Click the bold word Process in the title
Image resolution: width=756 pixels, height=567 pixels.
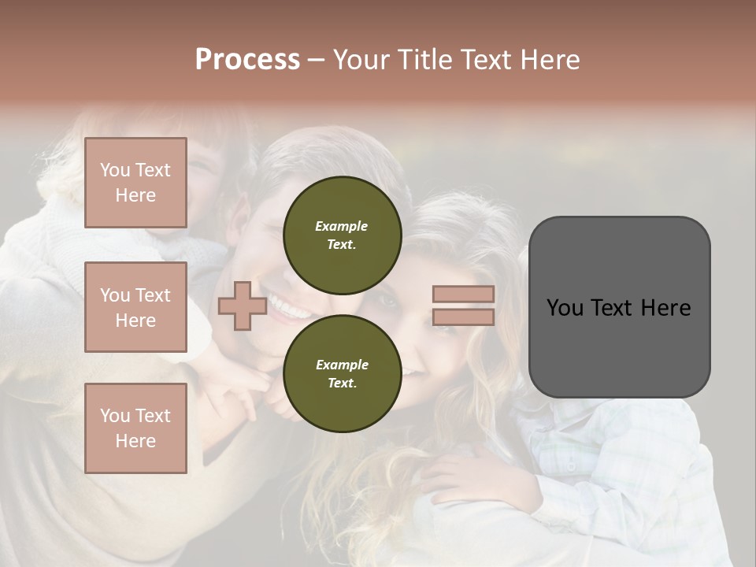pyautogui.click(x=247, y=60)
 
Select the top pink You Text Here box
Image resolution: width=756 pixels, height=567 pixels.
pyautogui.click(x=135, y=183)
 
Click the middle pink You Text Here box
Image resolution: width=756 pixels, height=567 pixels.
pyautogui.click(x=135, y=307)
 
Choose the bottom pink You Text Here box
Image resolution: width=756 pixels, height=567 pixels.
pyautogui.click(x=135, y=428)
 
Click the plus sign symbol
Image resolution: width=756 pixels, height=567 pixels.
pyautogui.click(x=242, y=306)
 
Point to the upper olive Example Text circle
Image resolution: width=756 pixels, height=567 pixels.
pyautogui.click(x=342, y=235)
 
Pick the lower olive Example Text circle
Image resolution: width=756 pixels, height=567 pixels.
pyautogui.click(x=342, y=373)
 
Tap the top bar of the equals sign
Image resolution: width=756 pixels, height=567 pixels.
pyautogui.click(x=463, y=295)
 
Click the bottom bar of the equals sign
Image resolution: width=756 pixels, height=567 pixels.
pyautogui.click(x=463, y=317)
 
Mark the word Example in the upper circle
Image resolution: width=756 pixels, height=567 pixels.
pyautogui.click(x=341, y=226)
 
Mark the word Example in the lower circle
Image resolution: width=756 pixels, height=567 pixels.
pyautogui.click(x=341, y=365)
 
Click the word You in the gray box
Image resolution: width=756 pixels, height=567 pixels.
pyautogui.click(x=565, y=308)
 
